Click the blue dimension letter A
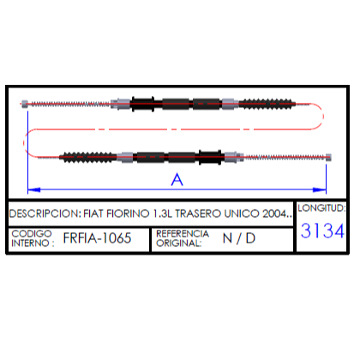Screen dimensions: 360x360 [177, 180]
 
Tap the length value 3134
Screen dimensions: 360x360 [322, 231]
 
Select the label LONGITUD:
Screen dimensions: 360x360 [321, 208]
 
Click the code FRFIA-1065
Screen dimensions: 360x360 [97, 238]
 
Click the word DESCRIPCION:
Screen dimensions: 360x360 [45, 213]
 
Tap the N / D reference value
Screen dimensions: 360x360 [239, 238]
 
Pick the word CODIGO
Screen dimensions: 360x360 [32, 233]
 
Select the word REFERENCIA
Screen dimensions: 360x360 [183, 233]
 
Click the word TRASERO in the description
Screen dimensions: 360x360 [198, 213]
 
